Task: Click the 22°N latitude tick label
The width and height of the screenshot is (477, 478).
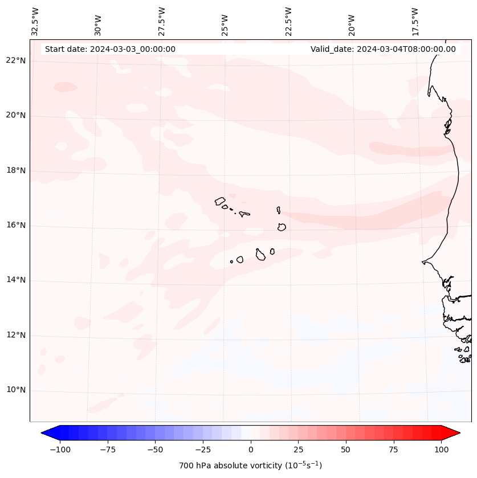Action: pyautogui.click(x=15, y=61)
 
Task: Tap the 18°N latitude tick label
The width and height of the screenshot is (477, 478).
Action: pyautogui.click(x=15, y=170)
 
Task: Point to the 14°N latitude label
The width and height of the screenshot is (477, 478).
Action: pyautogui.click(x=15, y=280)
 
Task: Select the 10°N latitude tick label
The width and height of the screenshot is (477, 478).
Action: pyautogui.click(x=15, y=390)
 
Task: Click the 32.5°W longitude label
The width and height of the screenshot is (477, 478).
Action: pyautogui.click(x=35, y=22)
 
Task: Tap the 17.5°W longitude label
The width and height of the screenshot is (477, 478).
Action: pyautogui.click(x=415, y=22)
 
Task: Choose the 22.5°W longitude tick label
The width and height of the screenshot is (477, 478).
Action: pyautogui.click(x=288, y=22)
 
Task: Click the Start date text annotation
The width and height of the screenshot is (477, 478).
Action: pyautogui.click(x=110, y=49)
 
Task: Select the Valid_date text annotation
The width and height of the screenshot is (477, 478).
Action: pyautogui.click(x=383, y=49)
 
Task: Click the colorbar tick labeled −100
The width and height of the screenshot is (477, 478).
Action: pyautogui.click(x=60, y=450)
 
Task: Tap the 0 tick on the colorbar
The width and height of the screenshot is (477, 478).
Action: pyautogui.click(x=251, y=450)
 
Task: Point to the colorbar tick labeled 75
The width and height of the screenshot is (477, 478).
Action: pyautogui.click(x=393, y=450)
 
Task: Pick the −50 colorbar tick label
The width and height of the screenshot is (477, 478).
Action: pyautogui.click(x=155, y=450)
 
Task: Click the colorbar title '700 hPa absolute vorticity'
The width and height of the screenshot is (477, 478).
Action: pyautogui.click(x=251, y=466)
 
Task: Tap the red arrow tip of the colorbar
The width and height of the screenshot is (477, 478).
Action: pyautogui.click(x=451, y=433)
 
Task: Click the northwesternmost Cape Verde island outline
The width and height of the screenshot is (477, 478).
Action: pyautogui.click(x=220, y=201)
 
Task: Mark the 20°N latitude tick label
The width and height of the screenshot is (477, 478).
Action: pyautogui.click(x=15, y=116)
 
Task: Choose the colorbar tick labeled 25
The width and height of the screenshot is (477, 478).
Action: pyautogui.click(x=298, y=450)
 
